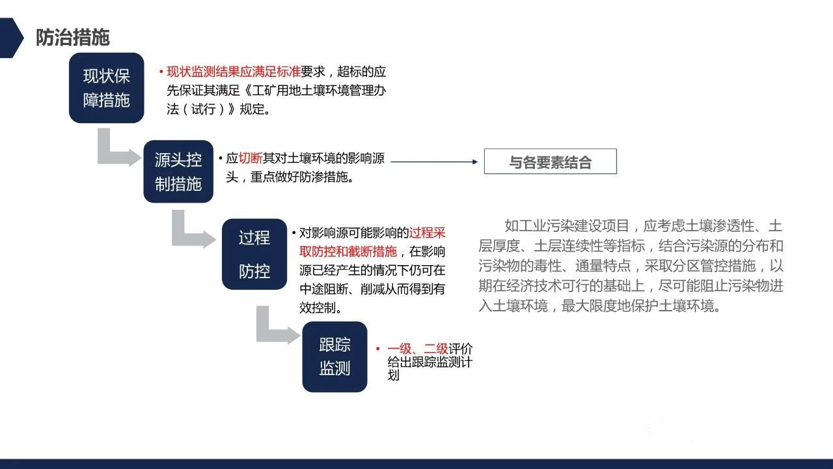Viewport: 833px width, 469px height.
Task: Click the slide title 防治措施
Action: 72,37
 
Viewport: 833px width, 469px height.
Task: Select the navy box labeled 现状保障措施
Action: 106,88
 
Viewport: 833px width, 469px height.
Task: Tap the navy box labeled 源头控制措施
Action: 178,171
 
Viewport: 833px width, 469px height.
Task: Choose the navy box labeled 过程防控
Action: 254,254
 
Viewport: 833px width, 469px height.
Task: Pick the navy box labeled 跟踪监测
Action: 335,356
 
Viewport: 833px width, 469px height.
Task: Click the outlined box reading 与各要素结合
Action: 551,162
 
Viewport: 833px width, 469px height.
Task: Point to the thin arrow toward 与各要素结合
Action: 434,162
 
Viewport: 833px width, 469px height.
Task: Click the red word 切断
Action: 251,158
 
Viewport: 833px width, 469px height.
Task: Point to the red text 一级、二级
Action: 418,349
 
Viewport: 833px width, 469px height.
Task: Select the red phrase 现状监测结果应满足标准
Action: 234,72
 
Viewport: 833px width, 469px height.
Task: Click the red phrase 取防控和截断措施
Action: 348,251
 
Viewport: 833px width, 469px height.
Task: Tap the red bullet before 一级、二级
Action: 378,348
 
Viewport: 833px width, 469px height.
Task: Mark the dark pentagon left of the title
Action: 10,38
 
